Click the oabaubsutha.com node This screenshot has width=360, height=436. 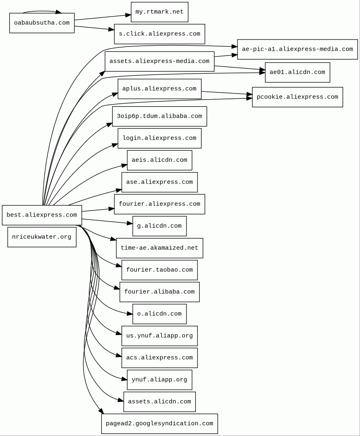pyautogui.click(x=42, y=23)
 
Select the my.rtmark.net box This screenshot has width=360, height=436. pyautogui.click(x=160, y=12)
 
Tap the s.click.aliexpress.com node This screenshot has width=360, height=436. pyautogui.click(x=160, y=34)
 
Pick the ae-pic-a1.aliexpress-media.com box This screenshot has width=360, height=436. pyautogui.click(x=297, y=49)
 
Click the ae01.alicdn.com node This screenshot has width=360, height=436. pyautogui.click(x=297, y=72)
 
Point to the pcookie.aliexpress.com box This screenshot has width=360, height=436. pyautogui.click(x=297, y=97)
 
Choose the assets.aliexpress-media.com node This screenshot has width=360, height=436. pyautogui.click(x=160, y=61)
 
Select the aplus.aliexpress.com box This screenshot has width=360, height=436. pyautogui.click(x=160, y=89)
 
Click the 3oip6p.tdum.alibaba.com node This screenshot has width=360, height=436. pyautogui.click(x=160, y=117)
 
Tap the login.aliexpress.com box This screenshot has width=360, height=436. pyautogui.click(x=160, y=138)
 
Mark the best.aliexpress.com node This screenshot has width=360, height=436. pyautogui.click(x=42, y=215)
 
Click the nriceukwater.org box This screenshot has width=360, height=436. pyautogui.click(x=42, y=237)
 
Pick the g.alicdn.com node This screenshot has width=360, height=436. pyautogui.click(x=160, y=226)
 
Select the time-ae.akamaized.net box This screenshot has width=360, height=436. pyautogui.click(x=160, y=248)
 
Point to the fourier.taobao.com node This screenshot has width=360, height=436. pyautogui.click(x=160, y=270)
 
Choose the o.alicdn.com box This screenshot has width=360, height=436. pyautogui.click(x=160, y=314)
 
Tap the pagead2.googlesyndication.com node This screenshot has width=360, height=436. pyautogui.click(x=160, y=424)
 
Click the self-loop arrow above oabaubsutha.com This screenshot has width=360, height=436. pyautogui.click(x=41, y=11)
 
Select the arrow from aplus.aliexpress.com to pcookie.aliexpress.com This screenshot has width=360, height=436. pyautogui.click(x=226, y=93)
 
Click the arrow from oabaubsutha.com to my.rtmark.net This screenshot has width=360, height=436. pyautogui.click(x=103, y=17)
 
